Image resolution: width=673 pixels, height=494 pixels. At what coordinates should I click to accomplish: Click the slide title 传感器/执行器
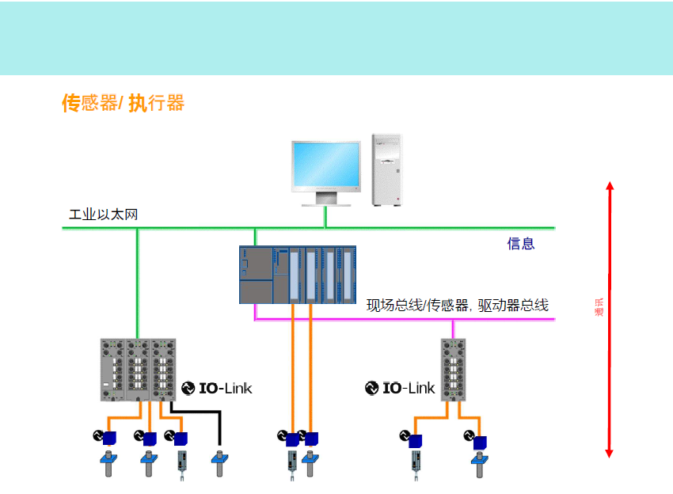tap(123, 103)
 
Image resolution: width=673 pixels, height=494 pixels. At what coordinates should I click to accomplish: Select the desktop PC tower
tap(388, 169)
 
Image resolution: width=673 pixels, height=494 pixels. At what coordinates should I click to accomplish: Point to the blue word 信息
tap(521, 244)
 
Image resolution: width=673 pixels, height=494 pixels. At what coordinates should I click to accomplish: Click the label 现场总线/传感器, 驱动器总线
tap(457, 305)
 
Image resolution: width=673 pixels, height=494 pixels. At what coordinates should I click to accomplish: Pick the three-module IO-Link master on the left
tap(139, 370)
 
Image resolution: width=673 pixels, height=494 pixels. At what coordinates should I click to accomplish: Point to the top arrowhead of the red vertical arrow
tap(609, 187)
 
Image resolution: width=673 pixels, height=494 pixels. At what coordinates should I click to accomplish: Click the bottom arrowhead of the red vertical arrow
tap(609, 453)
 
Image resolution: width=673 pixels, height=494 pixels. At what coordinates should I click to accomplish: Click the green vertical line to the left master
tap(137, 285)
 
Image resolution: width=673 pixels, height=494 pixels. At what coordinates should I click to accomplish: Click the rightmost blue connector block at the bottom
tap(480, 442)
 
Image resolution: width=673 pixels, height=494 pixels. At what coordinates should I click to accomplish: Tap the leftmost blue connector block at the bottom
tap(109, 438)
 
